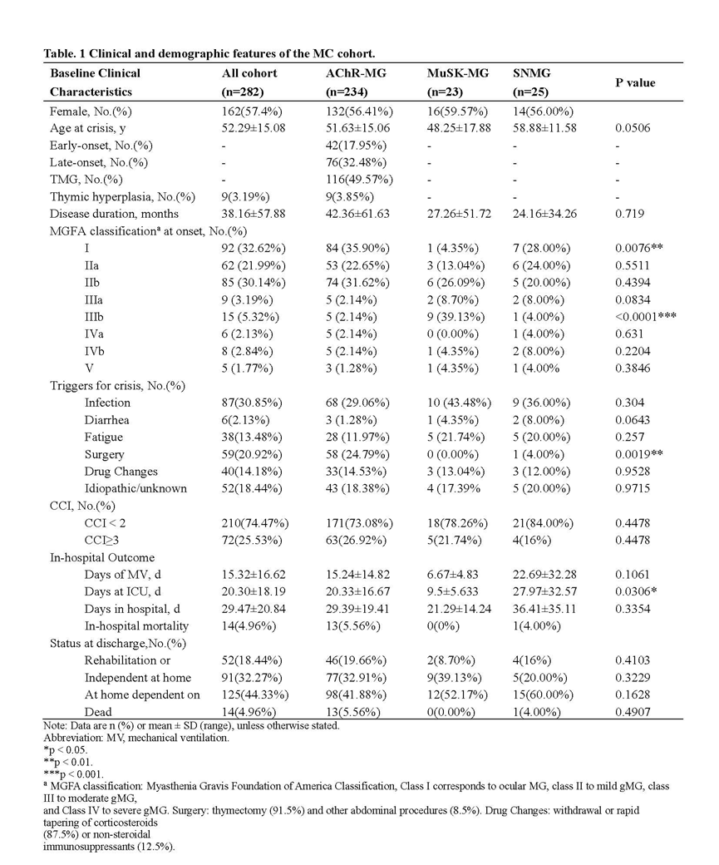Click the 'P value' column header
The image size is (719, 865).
pos(634,82)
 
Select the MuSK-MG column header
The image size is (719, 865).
pos(455,73)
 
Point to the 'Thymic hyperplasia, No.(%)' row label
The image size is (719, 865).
pos(121,196)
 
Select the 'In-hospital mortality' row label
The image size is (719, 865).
pos(136,625)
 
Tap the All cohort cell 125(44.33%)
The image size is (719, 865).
pos(247,694)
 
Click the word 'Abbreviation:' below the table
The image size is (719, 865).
pos(72,738)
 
